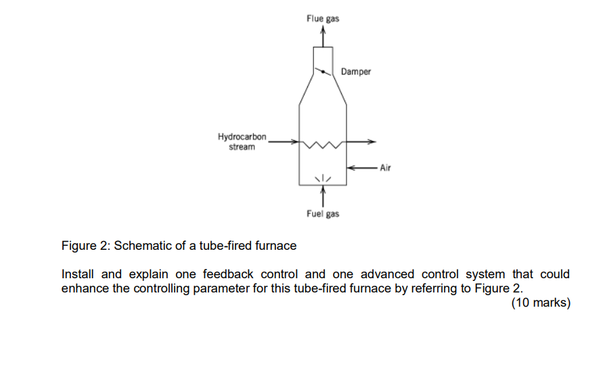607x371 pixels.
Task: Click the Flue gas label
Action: coord(323,18)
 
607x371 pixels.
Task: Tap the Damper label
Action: coord(356,71)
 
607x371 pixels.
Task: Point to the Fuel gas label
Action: coord(323,214)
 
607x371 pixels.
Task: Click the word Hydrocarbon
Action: coord(242,137)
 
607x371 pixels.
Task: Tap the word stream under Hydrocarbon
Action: coord(242,147)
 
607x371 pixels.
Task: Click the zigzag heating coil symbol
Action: coord(323,144)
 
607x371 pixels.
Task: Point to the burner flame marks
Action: coord(323,177)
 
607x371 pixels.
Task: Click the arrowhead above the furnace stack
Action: coord(323,37)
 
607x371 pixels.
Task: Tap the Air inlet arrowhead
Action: coord(350,167)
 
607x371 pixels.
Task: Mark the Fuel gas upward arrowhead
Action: coord(323,190)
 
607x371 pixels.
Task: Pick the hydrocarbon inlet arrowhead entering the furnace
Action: coord(294,142)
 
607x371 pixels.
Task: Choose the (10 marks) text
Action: coord(541,303)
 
